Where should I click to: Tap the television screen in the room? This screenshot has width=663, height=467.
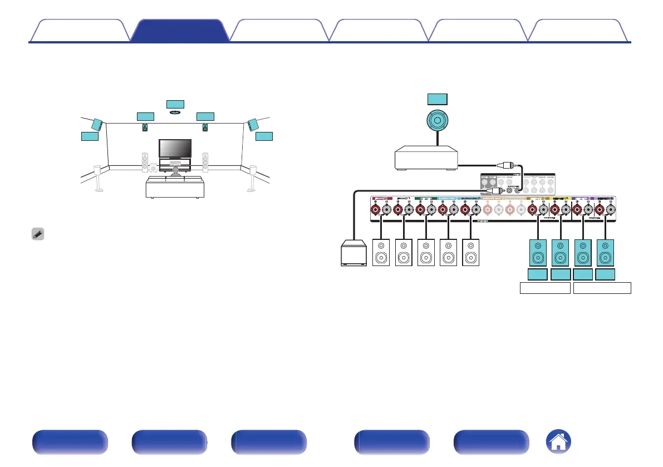[175, 148]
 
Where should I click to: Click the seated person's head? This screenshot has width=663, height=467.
[176, 169]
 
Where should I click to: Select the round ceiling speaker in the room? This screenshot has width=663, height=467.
[175, 112]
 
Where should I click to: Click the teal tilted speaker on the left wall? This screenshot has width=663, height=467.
[96, 124]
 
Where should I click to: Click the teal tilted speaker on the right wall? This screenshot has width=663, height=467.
[252, 124]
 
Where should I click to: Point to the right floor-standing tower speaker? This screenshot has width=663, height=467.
[205, 163]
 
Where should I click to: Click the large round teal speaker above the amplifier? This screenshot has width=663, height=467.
[437, 122]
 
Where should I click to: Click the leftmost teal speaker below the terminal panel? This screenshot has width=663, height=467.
[538, 253]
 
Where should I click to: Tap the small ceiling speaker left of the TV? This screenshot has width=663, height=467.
[145, 127]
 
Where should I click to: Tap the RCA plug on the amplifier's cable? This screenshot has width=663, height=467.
[507, 165]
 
